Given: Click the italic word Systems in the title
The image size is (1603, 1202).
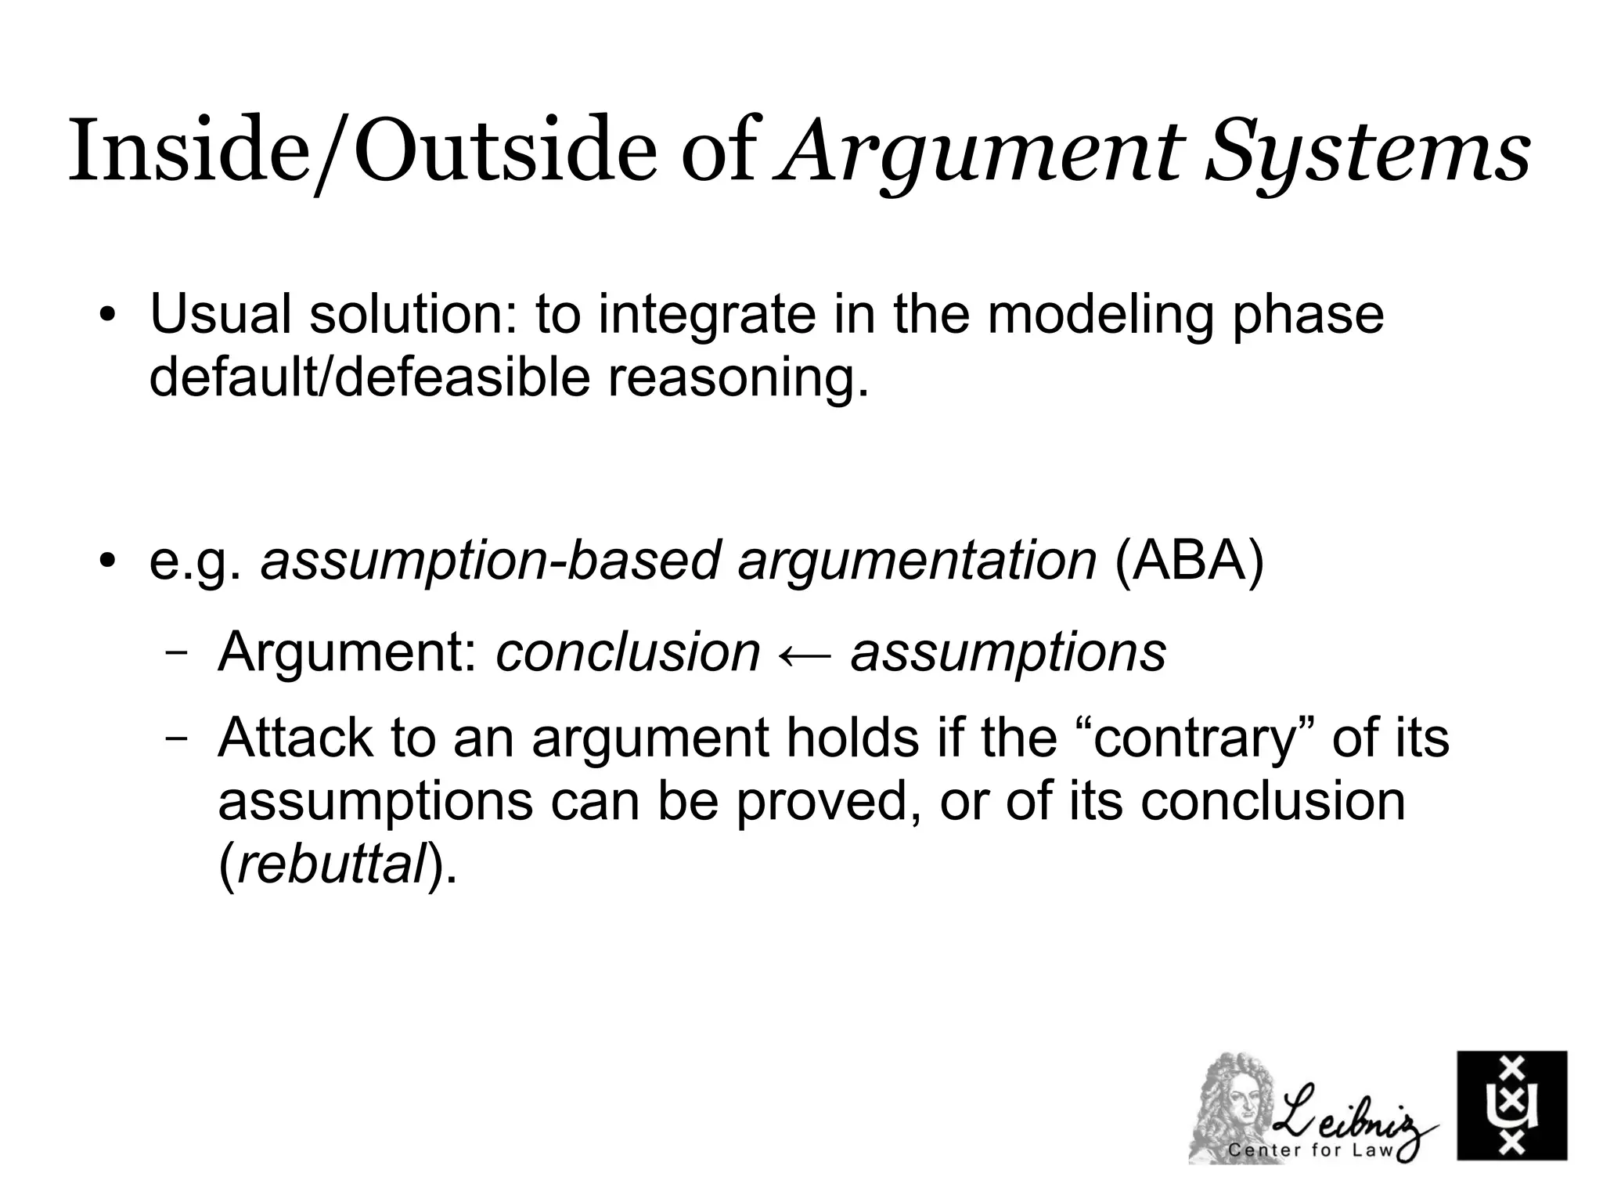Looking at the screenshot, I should (x=1366, y=150).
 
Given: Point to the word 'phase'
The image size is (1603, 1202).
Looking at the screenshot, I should (x=1307, y=315).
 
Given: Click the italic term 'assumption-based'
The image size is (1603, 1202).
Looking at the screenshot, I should (x=491, y=561).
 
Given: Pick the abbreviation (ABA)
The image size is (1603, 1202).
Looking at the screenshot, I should (x=1188, y=561).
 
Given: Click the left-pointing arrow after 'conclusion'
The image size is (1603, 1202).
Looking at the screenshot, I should (x=805, y=652).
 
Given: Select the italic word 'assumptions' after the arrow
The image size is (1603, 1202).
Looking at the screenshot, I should (x=1008, y=652).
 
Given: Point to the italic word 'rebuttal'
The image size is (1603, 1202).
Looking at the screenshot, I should (x=330, y=865).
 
